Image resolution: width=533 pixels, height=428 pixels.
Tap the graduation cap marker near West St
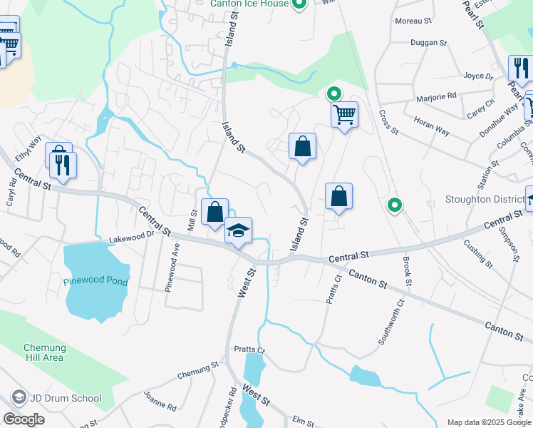pyautogui.click(x=239, y=230)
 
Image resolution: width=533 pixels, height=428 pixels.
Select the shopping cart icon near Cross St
pyautogui.click(x=344, y=113)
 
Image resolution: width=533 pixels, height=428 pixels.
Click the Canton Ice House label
pyautogui.click(x=249, y=4)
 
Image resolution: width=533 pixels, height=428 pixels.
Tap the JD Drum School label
pyautogui.click(x=66, y=398)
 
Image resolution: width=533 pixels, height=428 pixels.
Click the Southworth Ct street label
pyautogui.click(x=391, y=322)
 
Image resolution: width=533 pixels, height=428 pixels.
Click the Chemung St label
pyautogui.click(x=197, y=370)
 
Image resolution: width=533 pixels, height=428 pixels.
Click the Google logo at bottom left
pyautogui.click(x=24, y=419)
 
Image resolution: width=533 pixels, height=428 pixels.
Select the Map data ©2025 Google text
pyautogui.click(x=488, y=422)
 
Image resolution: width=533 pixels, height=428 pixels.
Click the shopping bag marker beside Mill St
pyautogui.click(x=214, y=213)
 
